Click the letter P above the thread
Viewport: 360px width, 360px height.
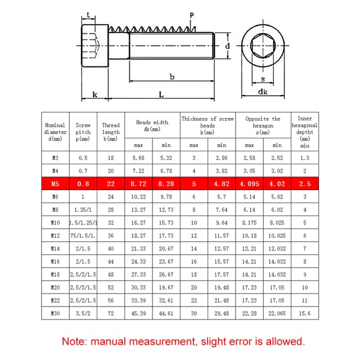coord(192,16)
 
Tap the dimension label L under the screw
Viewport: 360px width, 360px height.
coord(161,94)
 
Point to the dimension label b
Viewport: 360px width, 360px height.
coord(172,76)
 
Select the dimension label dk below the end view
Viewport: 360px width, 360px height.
coord(263,92)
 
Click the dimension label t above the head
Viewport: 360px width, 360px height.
coord(88,15)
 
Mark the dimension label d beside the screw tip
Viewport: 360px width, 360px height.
coord(227,46)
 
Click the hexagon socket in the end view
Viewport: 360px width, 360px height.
coord(263,46)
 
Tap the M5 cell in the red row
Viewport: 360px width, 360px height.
coord(55,184)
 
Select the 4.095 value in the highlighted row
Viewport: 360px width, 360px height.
coord(249,184)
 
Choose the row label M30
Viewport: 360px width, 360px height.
coord(55,313)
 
